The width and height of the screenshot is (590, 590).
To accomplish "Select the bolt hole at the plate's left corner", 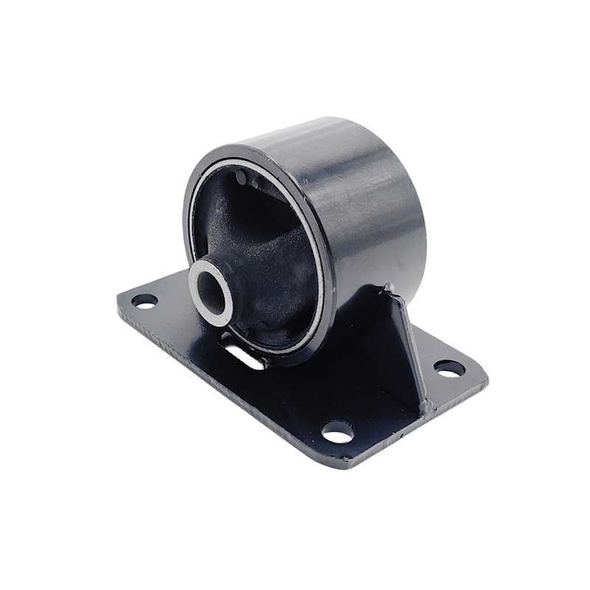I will point(144,301).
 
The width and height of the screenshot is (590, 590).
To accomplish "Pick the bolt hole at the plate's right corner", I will point(448,367).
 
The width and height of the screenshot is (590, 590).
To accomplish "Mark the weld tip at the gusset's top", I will point(389,288).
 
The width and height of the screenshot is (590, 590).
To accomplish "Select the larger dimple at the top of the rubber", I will point(241,177).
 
